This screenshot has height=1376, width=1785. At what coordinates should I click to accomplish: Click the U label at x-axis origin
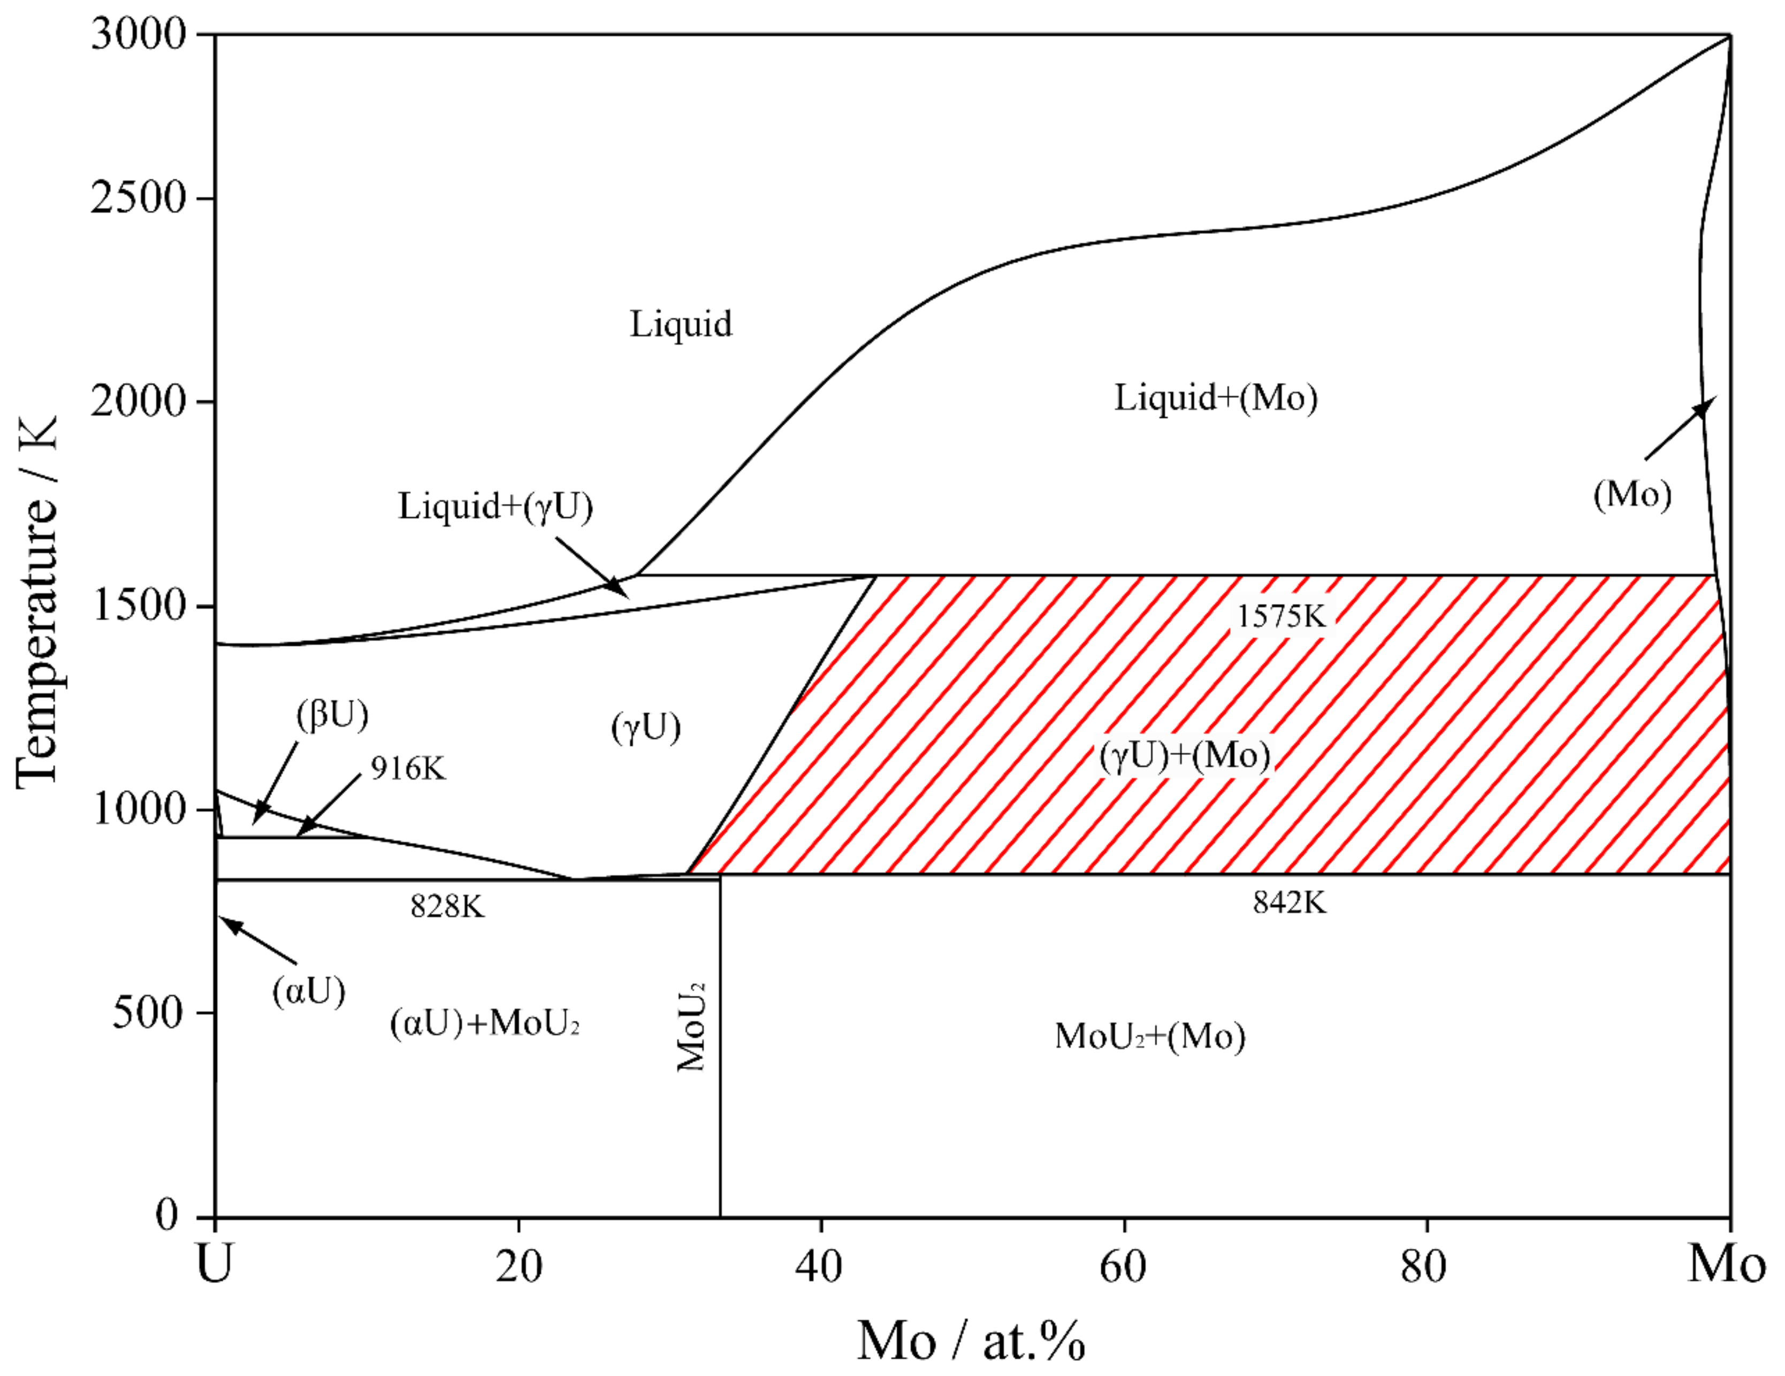pos(215,1264)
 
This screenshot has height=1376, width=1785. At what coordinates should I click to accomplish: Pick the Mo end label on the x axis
pos(1726,1264)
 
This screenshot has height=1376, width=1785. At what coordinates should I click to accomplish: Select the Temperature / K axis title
pos(37,603)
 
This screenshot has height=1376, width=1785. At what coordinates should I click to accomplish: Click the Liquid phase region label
pos(680,324)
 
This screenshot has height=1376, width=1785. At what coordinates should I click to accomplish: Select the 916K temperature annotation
pos(408,768)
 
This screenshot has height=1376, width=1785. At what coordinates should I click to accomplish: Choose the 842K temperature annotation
pos(1290,902)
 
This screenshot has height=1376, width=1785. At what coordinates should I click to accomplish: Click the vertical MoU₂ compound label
pos(691,1027)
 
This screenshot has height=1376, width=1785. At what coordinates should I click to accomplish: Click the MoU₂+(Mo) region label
pos(1150,1036)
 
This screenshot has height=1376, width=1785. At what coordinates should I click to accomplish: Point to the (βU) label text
pos(332,715)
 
